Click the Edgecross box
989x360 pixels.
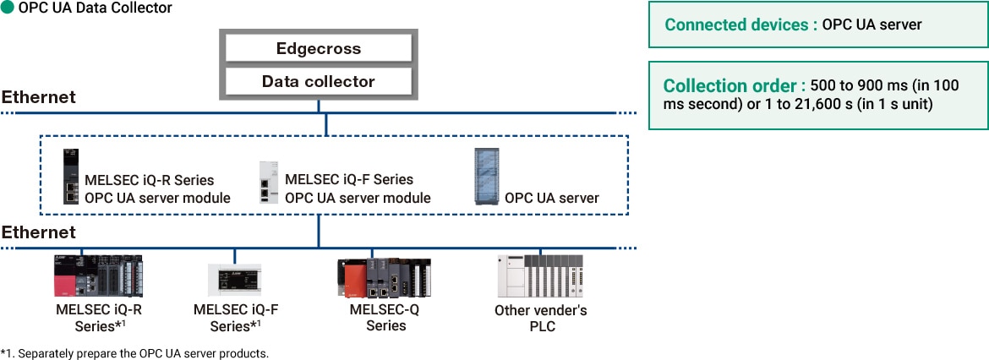(x=318, y=48)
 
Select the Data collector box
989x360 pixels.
(x=318, y=81)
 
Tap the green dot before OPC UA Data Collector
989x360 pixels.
(x=8, y=8)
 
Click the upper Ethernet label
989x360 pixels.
(x=38, y=97)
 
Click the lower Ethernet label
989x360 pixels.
(x=38, y=232)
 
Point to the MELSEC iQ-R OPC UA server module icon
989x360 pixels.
(x=71, y=177)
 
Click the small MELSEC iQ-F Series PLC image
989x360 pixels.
(x=234, y=278)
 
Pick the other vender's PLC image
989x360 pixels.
(x=540, y=275)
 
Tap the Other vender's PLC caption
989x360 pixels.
(x=540, y=319)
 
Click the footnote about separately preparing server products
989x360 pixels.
(x=135, y=352)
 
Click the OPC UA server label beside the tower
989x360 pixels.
(x=551, y=198)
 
